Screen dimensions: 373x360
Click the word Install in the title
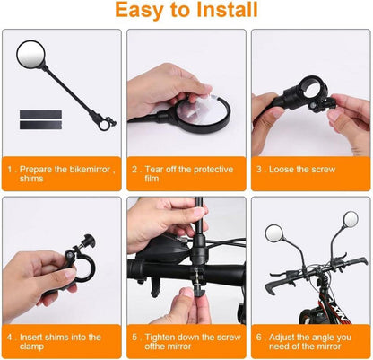(228, 9)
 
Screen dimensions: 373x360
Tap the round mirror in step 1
(31, 55)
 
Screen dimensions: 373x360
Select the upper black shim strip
(40, 115)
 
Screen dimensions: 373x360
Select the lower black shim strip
(40, 125)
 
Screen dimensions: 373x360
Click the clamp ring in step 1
(104, 125)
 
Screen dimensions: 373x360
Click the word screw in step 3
(323, 170)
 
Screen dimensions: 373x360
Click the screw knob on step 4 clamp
(89, 241)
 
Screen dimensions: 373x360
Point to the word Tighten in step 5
(161, 338)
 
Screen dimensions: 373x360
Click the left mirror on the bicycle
(273, 233)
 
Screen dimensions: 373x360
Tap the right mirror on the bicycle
(351, 220)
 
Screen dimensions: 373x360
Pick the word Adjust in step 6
(283, 338)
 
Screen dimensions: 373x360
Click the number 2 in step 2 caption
(134, 170)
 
